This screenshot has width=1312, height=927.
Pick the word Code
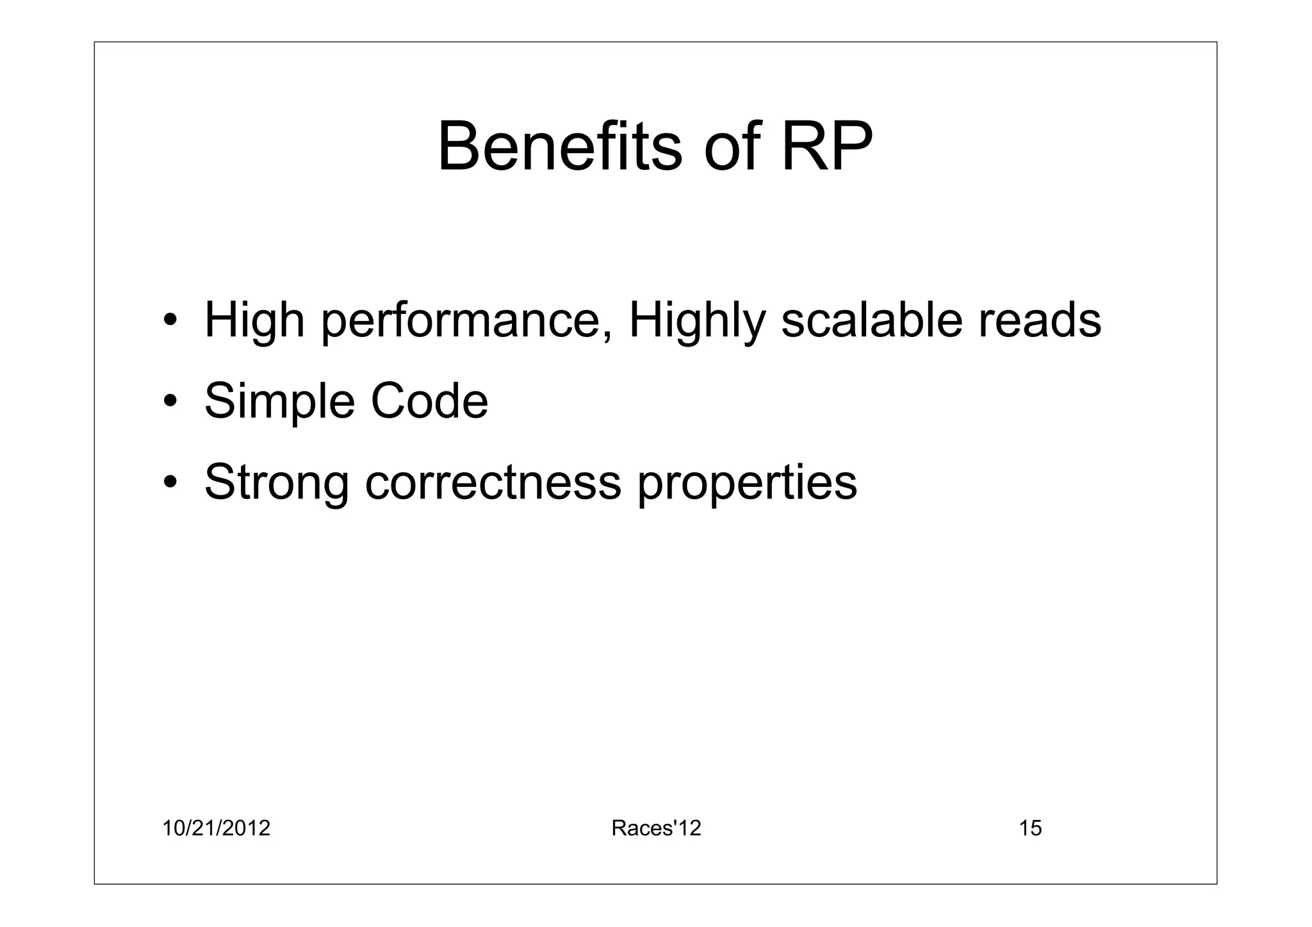coord(429,401)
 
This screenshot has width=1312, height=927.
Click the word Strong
coord(277,483)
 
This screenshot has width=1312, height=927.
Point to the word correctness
coord(493,482)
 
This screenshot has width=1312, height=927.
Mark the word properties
coord(746,483)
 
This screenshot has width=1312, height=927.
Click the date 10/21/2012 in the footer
coord(216,828)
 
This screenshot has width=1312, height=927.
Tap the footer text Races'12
coord(656,828)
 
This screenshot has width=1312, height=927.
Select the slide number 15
coord(1030,828)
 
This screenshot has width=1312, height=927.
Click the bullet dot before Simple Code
coord(170,401)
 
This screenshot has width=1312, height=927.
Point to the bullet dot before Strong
coord(170,482)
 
